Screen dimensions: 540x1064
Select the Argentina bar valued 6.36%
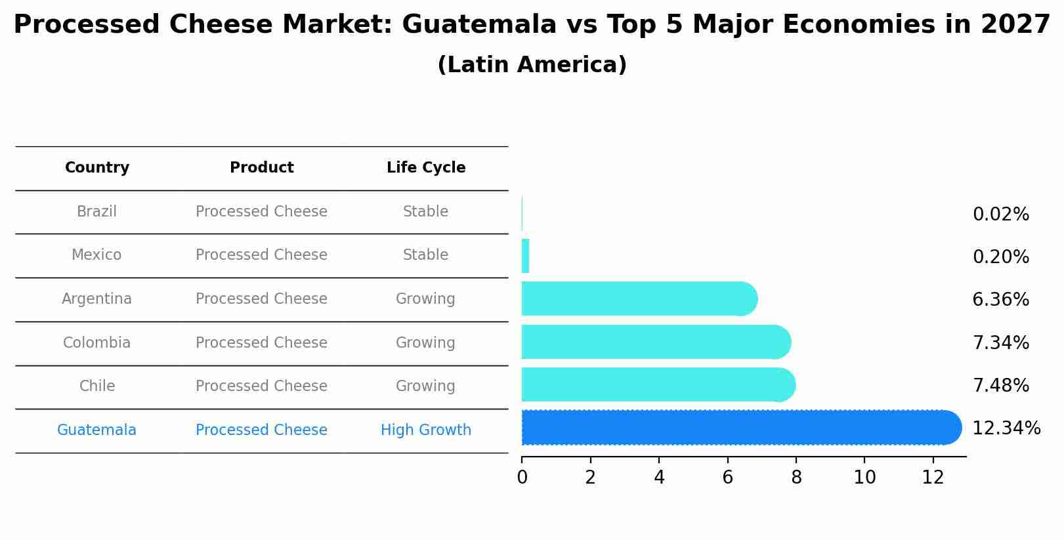637,299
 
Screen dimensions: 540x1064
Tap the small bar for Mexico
525,257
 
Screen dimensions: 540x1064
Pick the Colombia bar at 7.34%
653,342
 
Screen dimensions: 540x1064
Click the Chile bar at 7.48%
656,385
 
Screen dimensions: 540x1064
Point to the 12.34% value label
1006,428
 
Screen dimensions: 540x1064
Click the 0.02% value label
1000,215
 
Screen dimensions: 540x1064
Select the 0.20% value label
1000,257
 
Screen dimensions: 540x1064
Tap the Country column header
97,168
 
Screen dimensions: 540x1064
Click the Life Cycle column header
425,168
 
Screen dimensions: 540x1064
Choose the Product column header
261,168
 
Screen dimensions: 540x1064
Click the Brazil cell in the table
97,212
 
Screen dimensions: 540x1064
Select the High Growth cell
425,430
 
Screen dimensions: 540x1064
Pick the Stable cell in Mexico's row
425,255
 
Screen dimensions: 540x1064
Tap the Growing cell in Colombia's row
425,343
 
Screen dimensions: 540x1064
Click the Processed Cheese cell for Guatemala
261,430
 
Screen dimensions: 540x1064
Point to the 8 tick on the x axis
796,478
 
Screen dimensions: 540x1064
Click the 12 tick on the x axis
933,478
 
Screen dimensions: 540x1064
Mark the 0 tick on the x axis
522,478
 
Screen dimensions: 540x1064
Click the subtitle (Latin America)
532,65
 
